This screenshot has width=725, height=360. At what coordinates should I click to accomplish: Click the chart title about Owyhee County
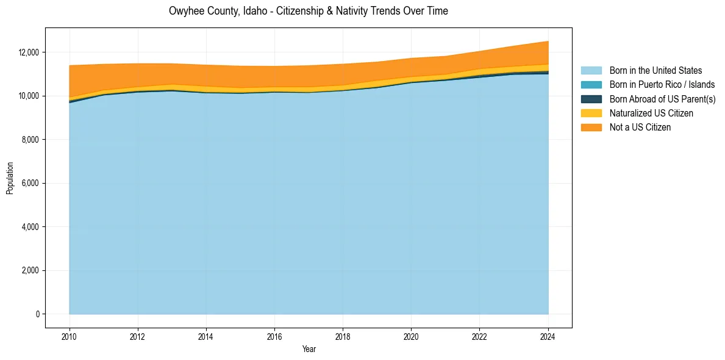tap(308, 11)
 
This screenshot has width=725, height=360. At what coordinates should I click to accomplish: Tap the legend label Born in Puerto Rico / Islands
tap(662, 85)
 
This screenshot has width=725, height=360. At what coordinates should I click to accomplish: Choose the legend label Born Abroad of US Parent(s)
tap(662, 99)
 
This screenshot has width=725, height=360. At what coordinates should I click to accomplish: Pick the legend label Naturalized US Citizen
tap(651, 113)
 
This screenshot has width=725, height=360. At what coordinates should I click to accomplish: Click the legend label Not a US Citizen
tap(640, 128)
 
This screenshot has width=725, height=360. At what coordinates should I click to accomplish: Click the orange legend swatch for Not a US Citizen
tap(591, 128)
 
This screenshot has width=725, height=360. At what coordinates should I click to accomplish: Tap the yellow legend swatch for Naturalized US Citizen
tap(591, 113)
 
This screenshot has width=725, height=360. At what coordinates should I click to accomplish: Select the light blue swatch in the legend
tap(591, 71)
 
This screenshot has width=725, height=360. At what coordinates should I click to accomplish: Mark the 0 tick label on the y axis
tap(37, 314)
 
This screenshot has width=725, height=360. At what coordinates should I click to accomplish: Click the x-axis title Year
tap(309, 349)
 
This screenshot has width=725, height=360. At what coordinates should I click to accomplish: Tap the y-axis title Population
tap(10, 178)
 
